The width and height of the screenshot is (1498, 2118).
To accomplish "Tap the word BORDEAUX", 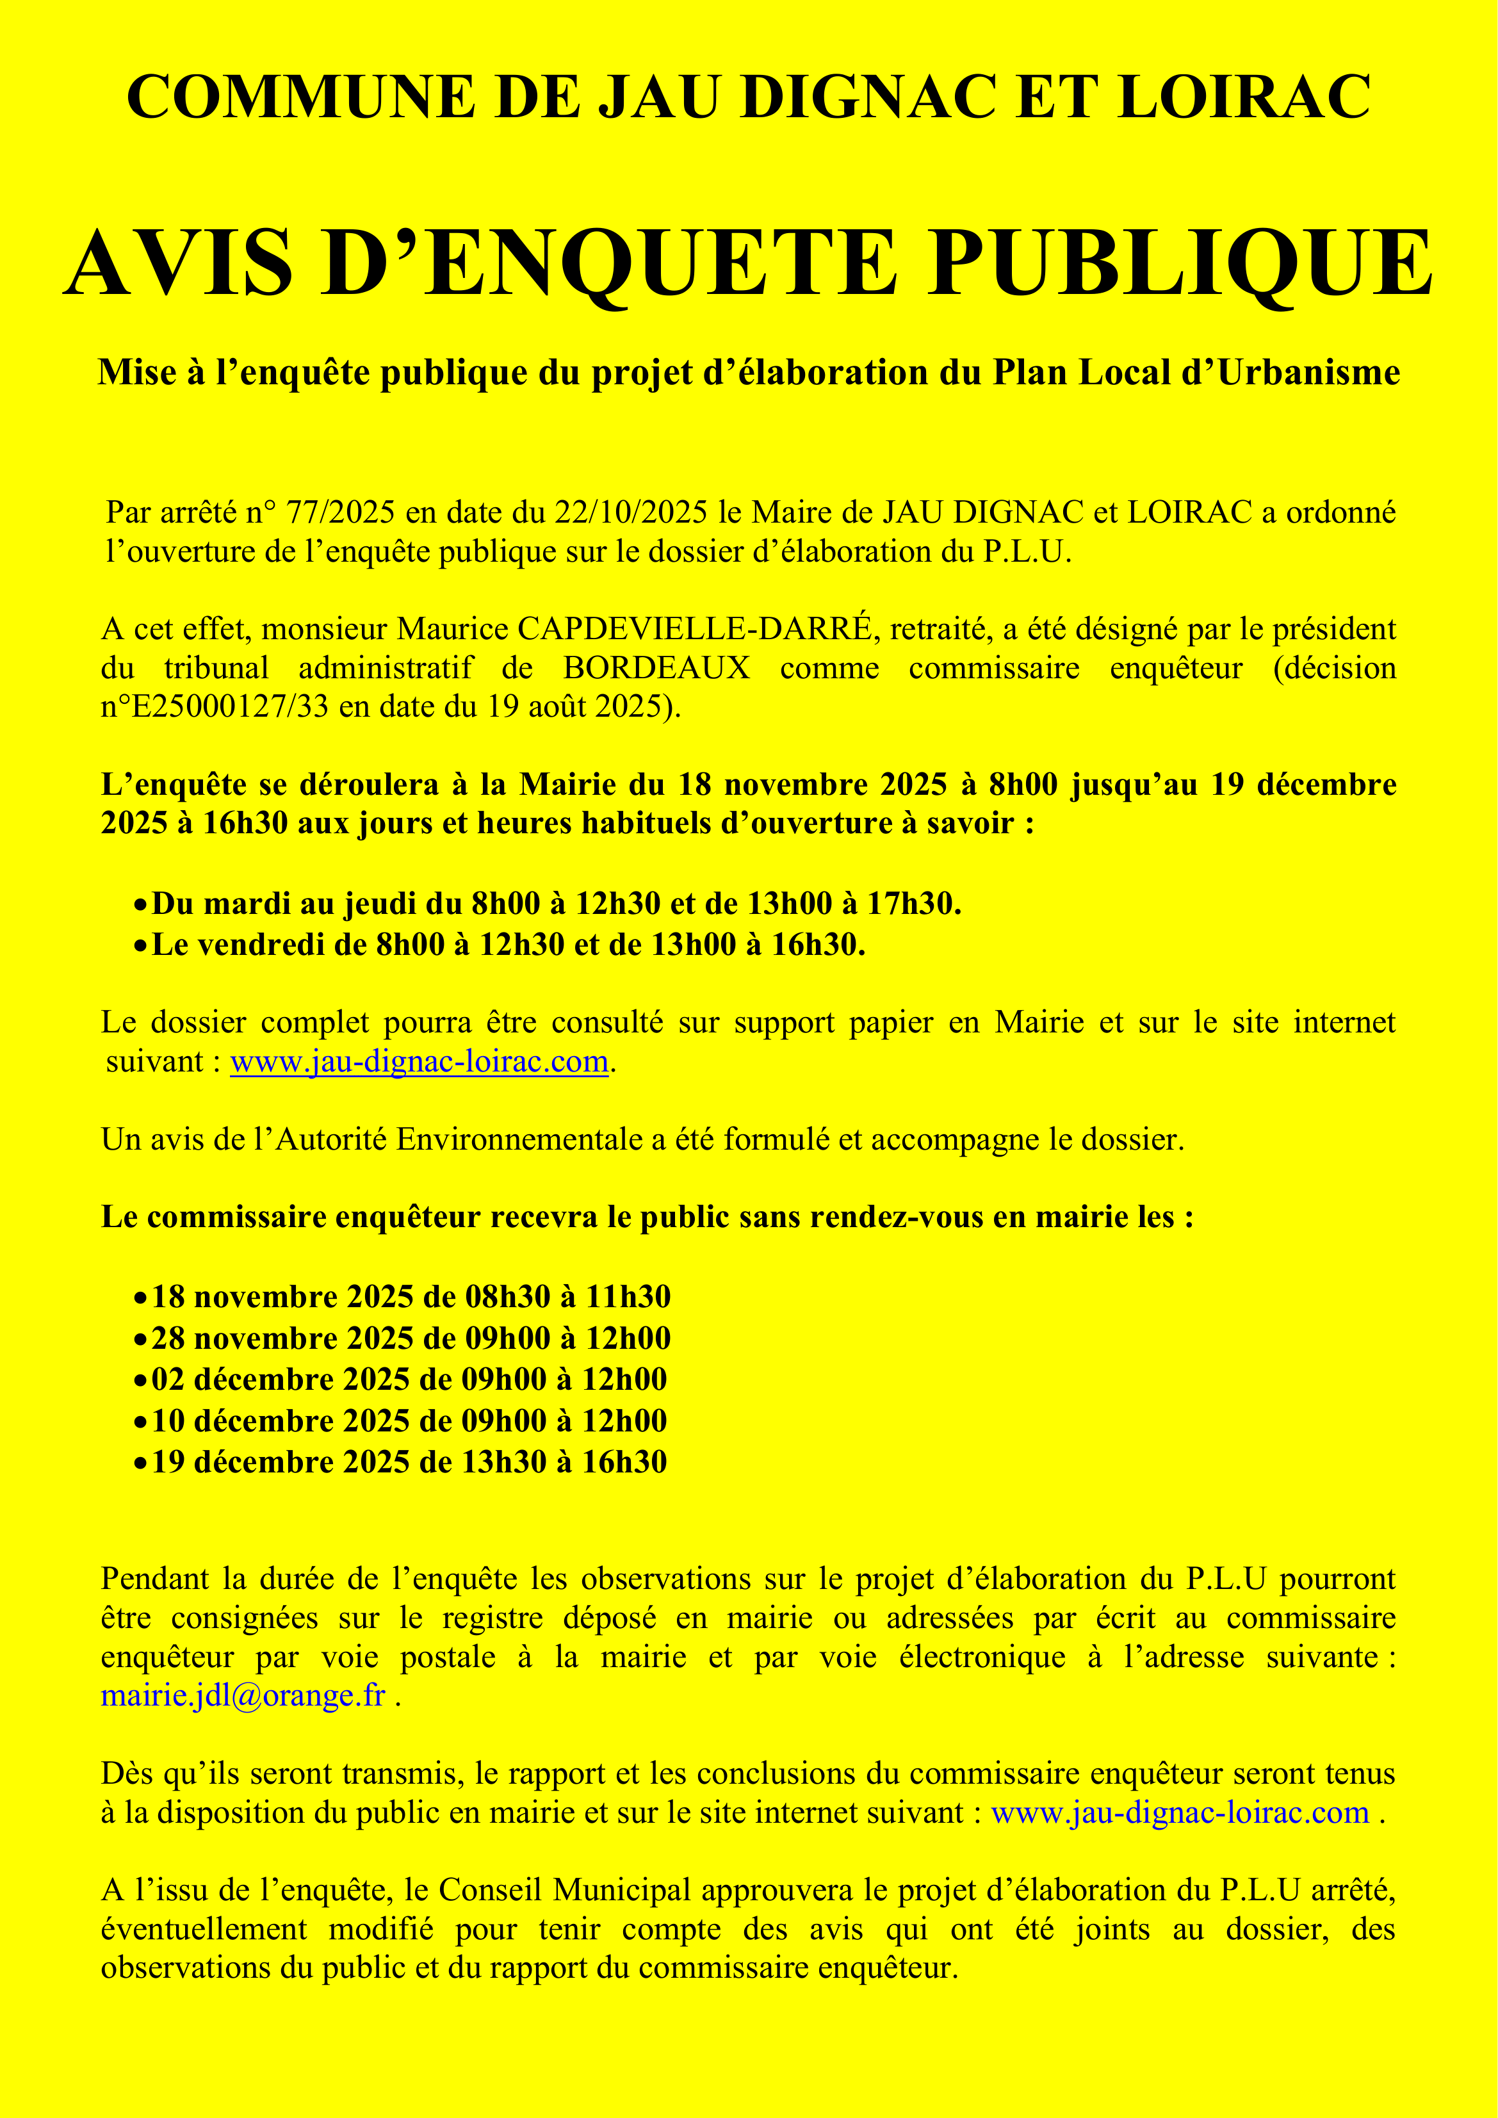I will [656, 668].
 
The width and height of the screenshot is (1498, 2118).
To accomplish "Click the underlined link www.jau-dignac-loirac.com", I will [419, 1062].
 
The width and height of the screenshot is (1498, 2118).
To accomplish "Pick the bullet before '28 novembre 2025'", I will [140, 1339].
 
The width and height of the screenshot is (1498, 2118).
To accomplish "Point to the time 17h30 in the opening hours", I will [913, 903].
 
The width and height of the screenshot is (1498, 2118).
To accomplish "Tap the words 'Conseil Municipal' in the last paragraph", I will [564, 1890].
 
